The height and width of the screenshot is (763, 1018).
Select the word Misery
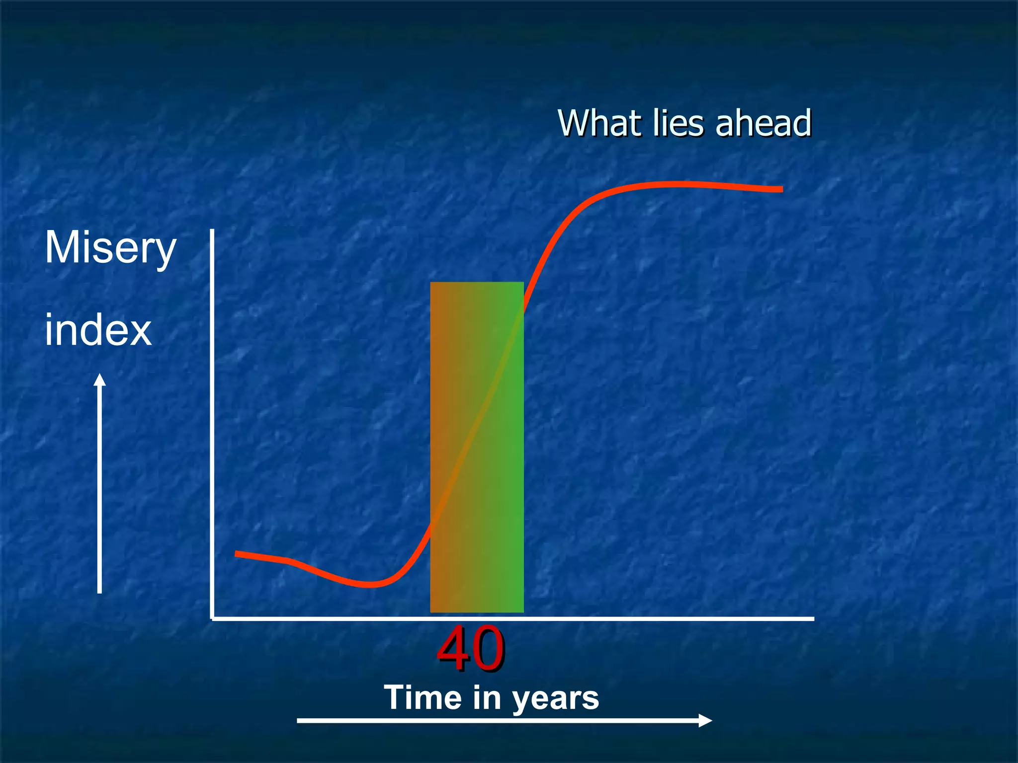[x=110, y=248]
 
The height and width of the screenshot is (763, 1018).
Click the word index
[x=98, y=330]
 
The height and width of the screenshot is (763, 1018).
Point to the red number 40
[x=471, y=649]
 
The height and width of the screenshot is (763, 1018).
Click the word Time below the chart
[x=423, y=697]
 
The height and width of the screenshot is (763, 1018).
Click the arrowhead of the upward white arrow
[x=100, y=380]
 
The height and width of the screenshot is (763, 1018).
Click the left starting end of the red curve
[x=237, y=553]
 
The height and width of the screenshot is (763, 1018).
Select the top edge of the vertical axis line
[x=212, y=231]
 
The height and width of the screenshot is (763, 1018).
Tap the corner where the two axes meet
[x=213, y=618]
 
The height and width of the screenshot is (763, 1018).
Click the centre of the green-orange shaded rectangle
[x=477, y=447]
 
